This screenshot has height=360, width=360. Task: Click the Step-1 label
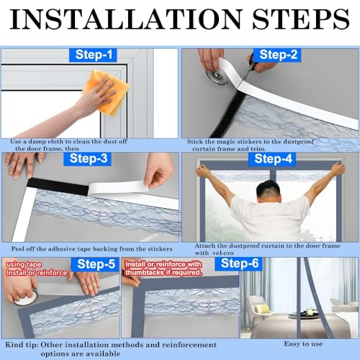point(93,55)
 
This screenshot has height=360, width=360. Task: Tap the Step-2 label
point(278,55)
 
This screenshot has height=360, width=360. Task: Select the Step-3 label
point(88,158)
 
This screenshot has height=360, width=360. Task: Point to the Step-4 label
point(272,159)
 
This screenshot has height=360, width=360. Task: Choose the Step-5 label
point(95,264)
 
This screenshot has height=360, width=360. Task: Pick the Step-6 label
point(239,264)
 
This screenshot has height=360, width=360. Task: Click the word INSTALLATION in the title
point(125,19)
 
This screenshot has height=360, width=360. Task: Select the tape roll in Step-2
point(217,75)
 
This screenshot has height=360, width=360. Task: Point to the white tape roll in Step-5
point(25,299)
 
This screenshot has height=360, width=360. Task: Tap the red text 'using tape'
point(24,264)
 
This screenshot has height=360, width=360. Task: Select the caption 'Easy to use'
point(303,344)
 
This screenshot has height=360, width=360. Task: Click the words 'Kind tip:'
point(22,345)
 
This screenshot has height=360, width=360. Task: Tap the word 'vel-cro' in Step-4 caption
point(222,253)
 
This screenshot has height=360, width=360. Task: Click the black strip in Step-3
point(58,186)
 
